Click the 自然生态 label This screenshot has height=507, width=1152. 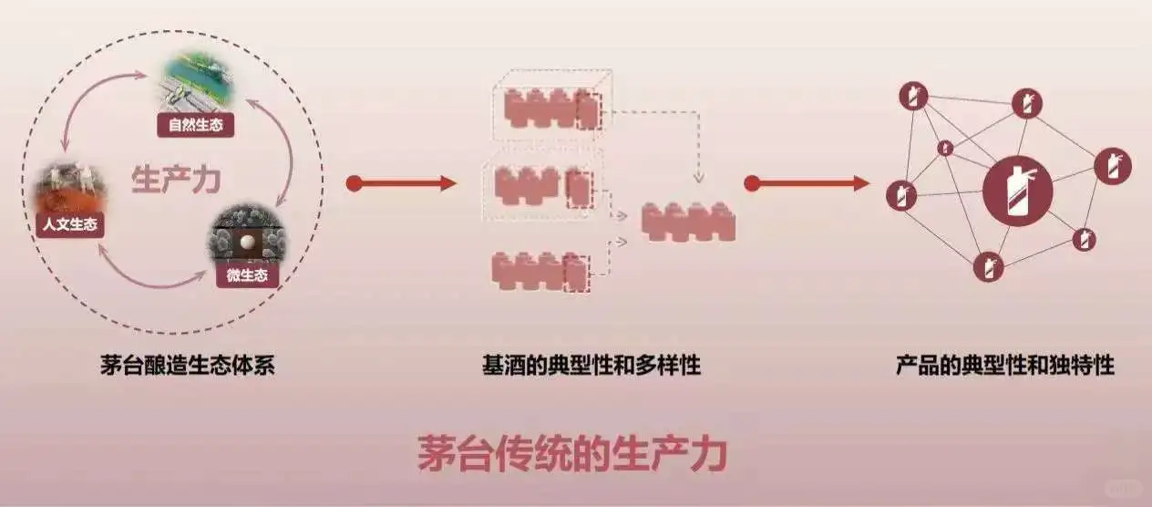tap(195, 124)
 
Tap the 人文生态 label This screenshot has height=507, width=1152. tap(70, 224)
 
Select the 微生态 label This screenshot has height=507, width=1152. tap(247, 274)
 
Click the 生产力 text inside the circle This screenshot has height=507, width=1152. tap(176, 179)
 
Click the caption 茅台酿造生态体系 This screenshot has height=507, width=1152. tap(188, 367)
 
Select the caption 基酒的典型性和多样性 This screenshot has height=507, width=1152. tap(591, 367)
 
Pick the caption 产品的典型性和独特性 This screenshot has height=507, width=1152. tap(1004, 367)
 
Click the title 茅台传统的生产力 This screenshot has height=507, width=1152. tap(572, 453)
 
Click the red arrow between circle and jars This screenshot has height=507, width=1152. tap(401, 183)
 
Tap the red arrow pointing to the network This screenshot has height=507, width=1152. tap(806, 183)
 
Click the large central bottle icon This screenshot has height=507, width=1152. tap(1017, 192)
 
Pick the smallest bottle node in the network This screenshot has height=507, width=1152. tap(945, 148)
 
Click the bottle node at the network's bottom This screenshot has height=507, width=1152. tap(988, 267)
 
